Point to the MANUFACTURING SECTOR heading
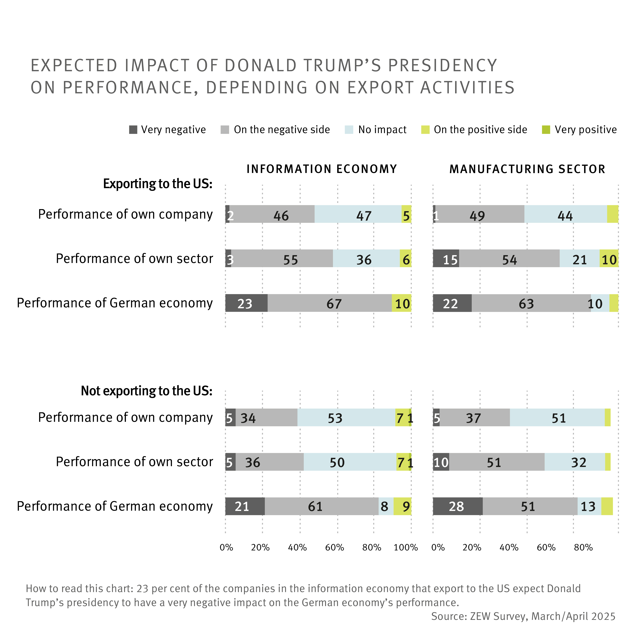point(527,169)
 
